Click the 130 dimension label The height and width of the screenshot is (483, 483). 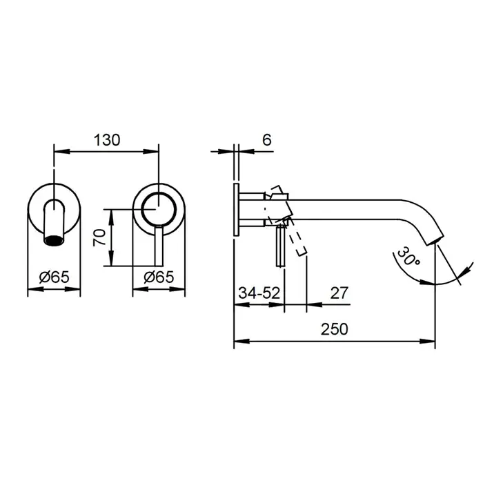click(x=107, y=140)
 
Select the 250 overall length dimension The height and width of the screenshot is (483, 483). click(x=335, y=329)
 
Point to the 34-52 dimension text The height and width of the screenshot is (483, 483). click(x=259, y=293)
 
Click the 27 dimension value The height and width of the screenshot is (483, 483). click(x=339, y=293)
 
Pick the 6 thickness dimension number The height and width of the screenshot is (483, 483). click(x=267, y=140)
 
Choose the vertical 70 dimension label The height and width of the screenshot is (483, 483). click(x=99, y=237)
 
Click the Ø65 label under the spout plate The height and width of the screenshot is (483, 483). click(x=55, y=277)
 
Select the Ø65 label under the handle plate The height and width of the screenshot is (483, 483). click(x=159, y=277)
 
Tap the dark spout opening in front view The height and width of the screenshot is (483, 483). click(x=55, y=240)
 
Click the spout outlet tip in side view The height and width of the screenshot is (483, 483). click(x=435, y=239)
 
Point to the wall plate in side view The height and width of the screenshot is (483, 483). click(x=236, y=210)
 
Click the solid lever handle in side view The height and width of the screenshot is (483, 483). click(x=281, y=246)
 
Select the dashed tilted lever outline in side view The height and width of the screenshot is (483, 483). click(x=288, y=220)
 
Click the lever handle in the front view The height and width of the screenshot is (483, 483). click(x=159, y=246)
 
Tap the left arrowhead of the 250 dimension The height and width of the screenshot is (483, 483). click(x=241, y=342)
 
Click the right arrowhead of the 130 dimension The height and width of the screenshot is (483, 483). click(x=151, y=151)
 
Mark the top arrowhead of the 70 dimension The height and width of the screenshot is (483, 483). click(x=112, y=217)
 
